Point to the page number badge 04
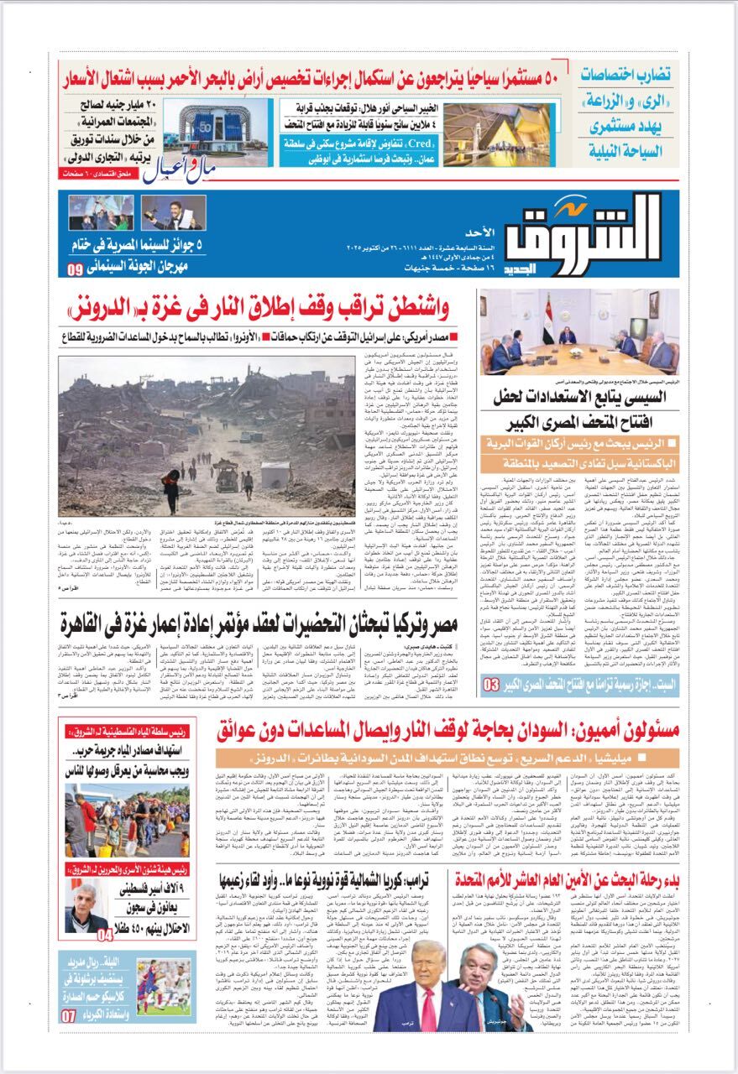click(x=105, y=933)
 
